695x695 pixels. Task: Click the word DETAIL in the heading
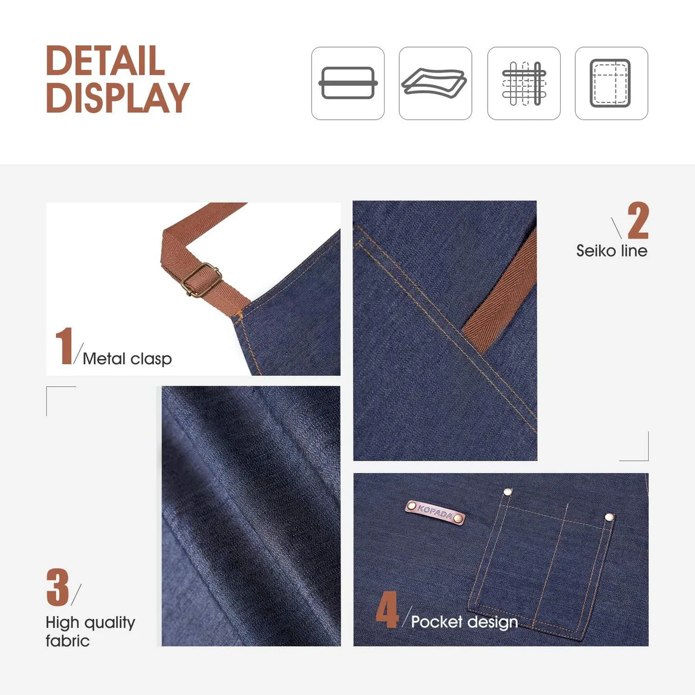click(105, 60)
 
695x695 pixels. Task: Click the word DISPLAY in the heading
click(118, 97)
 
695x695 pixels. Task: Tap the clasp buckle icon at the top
click(348, 83)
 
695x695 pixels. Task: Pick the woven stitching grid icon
click(524, 83)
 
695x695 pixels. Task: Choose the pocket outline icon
click(612, 83)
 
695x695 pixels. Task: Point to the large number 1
click(64, 346)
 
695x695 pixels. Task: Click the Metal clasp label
click(127, 359)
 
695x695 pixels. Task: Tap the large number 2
click(638, 220)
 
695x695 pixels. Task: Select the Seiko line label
click(612, 251)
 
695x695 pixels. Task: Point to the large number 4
click(387, 609)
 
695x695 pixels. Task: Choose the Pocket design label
click(464, 621)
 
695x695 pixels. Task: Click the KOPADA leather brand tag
click(436, 513)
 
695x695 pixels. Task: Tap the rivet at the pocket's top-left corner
click(508, 492)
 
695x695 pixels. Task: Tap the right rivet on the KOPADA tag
click(458, 518)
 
